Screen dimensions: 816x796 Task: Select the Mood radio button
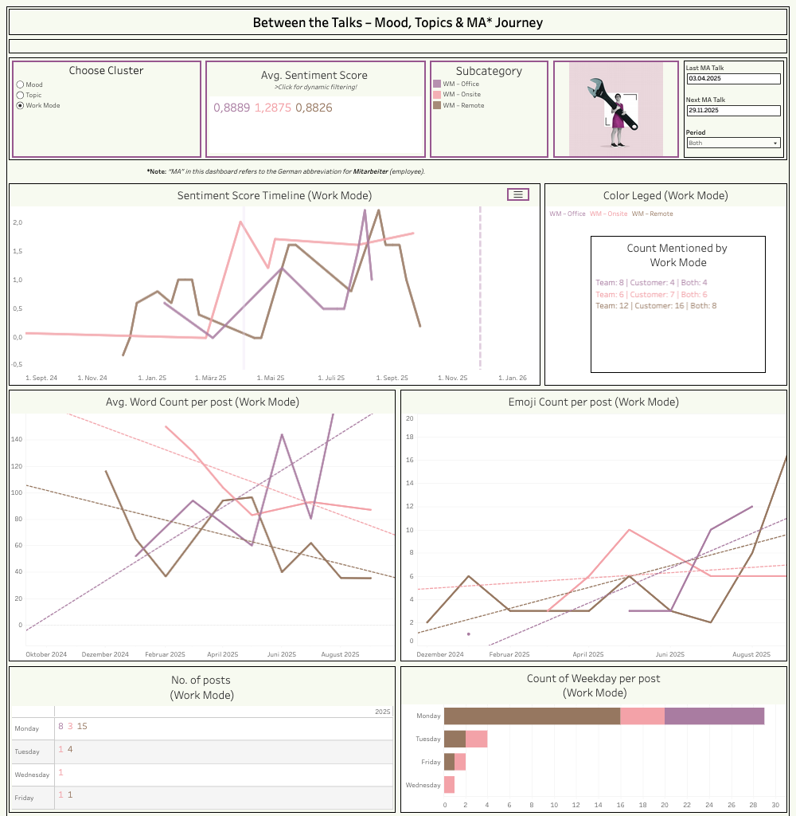point(20,84)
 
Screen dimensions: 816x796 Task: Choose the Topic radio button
point(20,95)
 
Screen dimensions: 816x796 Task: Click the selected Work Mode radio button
point(20,105)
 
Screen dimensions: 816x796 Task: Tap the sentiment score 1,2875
point(272,108)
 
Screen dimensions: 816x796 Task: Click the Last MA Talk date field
point(733,79)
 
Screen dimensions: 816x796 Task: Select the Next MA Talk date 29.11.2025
point(733,110)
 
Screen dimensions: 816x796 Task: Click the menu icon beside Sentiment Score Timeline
point(518,194)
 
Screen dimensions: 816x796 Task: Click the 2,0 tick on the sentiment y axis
point(17,222)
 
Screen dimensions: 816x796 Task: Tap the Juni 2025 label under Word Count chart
point(283,654)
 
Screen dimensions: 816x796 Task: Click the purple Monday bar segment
point(714,716)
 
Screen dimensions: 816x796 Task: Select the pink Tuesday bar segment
point(476,739)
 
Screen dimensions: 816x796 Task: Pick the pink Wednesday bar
point(449,785)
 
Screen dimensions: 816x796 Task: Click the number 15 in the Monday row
point(82,726)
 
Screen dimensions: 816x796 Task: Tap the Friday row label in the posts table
point(25,798)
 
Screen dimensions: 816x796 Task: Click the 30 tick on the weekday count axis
point(775,805)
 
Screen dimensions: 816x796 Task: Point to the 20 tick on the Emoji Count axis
point(410,418)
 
